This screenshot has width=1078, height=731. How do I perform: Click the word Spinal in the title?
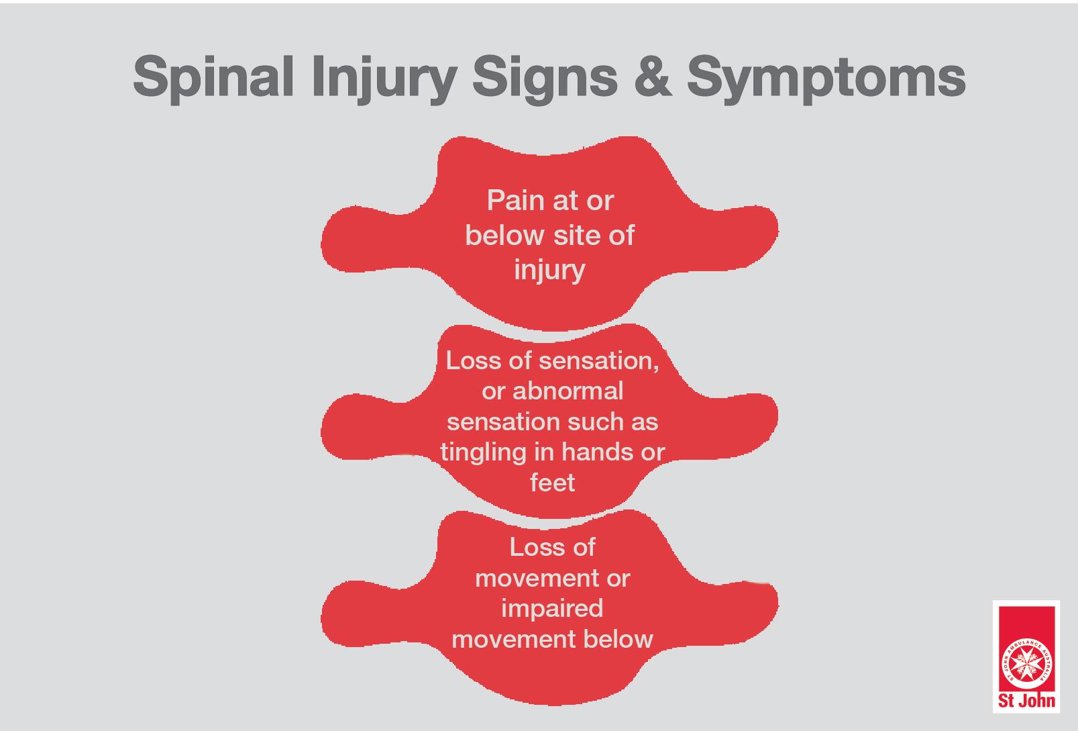(x=214, y=78)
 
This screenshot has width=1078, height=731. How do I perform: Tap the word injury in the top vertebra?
(x=549, y=270)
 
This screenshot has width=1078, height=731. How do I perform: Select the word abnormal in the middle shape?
(x=568, y=391)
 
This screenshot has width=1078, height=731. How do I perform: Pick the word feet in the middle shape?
(x=553, y=483)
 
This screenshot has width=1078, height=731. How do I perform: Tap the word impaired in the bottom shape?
(x=552, y=610)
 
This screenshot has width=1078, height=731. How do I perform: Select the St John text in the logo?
(x=1026, y=701)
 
